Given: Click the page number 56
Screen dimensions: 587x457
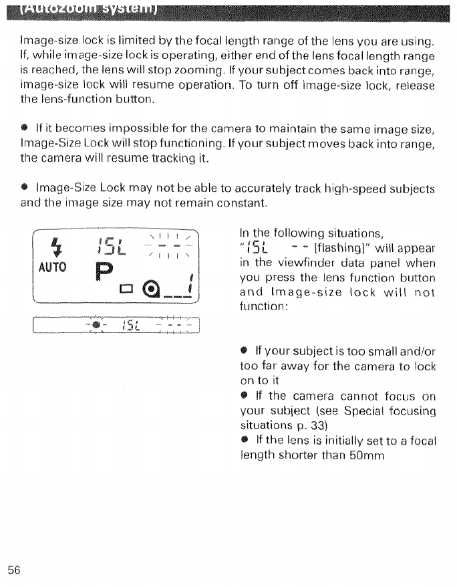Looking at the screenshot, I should (x=15, y=570).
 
